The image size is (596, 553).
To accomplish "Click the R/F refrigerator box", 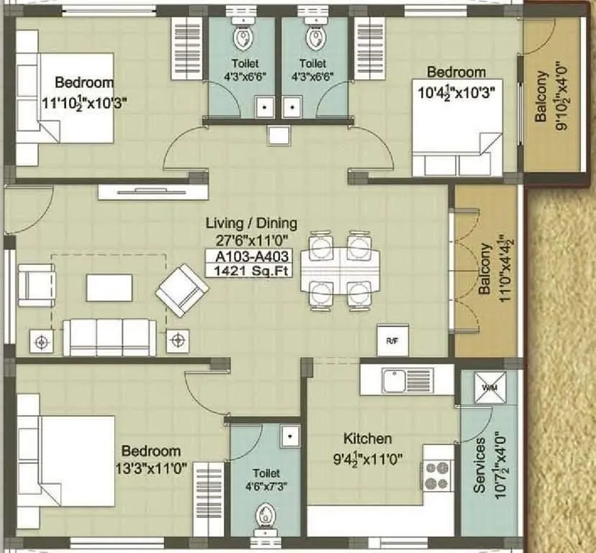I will click(x=392, y=341).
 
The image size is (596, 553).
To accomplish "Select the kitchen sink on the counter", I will click(x=397, y=379).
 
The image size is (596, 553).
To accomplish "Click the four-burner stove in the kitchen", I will click(x=437, y=475).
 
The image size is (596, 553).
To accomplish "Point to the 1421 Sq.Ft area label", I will click(x=248, y=271).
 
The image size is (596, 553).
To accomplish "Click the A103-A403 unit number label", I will click(x=248, y=256).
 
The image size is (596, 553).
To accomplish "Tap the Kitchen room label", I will click(x=367, y=439).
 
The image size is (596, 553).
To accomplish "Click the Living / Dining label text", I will click(x=250, y=223).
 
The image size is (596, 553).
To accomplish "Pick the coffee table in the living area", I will click(x=109, y=287).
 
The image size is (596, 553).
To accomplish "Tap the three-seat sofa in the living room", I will click(x=109, y=337).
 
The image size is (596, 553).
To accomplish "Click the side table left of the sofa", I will click(x=42, y=340).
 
